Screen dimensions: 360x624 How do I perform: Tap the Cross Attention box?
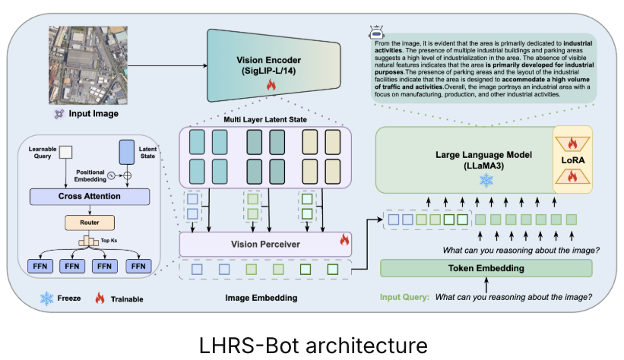(85, 196)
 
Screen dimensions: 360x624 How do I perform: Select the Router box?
(85, 223)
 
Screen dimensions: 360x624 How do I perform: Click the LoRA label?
(575, 163)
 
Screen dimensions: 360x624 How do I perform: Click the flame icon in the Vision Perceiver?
(344, 241)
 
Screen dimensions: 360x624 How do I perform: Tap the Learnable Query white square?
(65, 151)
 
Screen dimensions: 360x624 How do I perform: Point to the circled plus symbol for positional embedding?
(128, 176)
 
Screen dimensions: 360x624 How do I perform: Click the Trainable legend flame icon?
(99, 298)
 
